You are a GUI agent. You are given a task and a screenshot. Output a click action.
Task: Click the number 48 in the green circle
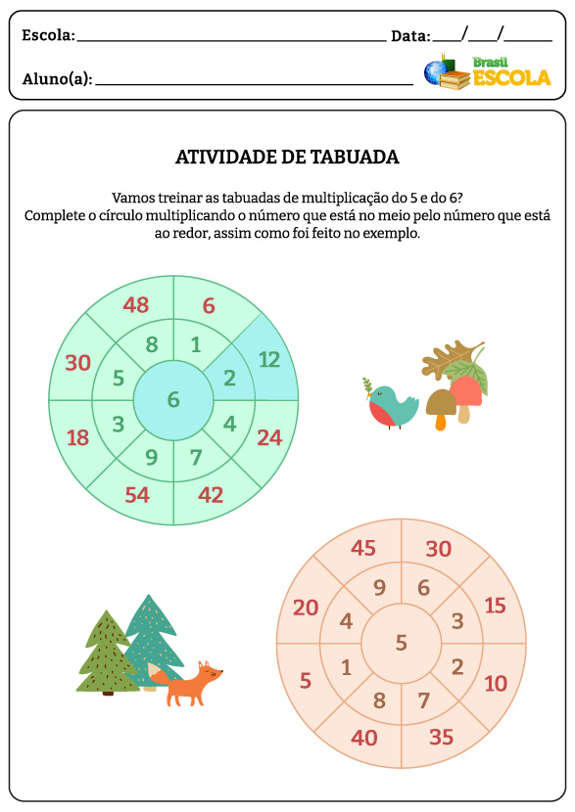click(x=135, y=304)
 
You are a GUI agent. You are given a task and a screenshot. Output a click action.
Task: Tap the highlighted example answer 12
click(x=268, y=360)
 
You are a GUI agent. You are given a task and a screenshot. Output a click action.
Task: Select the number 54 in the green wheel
click(x=136, y=494)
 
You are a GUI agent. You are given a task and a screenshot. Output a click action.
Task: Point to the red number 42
click(x=210, y=494)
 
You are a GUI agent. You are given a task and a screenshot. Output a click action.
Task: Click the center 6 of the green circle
click(x=173, y=399)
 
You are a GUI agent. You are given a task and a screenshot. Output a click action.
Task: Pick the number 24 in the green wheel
click(x=269, y=437)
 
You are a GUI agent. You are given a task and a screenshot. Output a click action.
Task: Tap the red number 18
click(x=77, y=437)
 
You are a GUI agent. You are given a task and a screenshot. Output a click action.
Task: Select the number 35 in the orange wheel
click(x=441, y=737)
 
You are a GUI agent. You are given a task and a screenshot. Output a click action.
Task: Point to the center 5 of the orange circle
click(x=401, y=643)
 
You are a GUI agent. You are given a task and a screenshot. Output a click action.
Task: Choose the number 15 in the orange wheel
click(x=495, y=606)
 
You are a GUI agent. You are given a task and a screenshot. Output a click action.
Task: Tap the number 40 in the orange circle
click(x=363, y=737)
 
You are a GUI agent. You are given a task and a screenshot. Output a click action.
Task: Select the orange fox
click(x=190, y=683)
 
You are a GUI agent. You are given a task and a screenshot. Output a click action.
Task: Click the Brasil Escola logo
click(x=486, y=71)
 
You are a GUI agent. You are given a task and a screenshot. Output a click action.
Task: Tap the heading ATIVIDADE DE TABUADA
click(x=287, y=158)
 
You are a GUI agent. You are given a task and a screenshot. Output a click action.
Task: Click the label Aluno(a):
click(x=57, y=79)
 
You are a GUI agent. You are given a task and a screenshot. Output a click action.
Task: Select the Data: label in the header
click(x=410, y=35)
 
